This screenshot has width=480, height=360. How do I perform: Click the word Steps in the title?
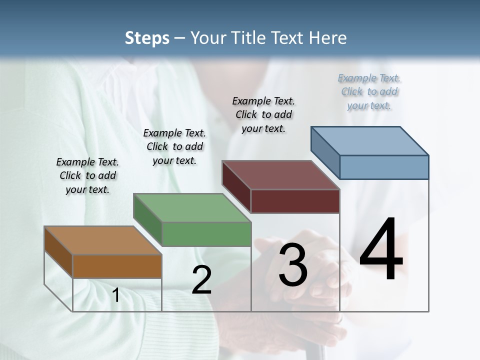coord(146,38)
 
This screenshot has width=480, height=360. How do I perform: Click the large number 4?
coord(381,250)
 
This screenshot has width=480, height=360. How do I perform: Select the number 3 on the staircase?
coord(293,265)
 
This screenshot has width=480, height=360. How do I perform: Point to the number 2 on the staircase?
coord(201,280)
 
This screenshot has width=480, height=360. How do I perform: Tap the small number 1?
coord(116,295)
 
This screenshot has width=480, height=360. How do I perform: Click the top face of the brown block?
coord(102,240)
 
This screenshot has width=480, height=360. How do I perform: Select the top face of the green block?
coord(191,207)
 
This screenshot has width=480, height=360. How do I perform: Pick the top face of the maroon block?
coord(280,175)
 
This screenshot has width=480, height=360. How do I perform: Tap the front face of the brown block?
coord(117,266)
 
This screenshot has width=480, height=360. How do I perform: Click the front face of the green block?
coord(206,234)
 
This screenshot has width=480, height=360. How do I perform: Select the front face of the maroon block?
coord(295,201)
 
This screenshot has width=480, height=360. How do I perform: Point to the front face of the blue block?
coord(384,167)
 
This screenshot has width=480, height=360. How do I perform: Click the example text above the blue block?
coord(369,91)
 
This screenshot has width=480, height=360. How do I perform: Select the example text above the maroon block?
coord(263,114)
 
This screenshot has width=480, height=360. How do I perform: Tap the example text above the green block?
coord(174,146)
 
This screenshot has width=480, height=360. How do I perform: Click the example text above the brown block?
coord(87,175)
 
